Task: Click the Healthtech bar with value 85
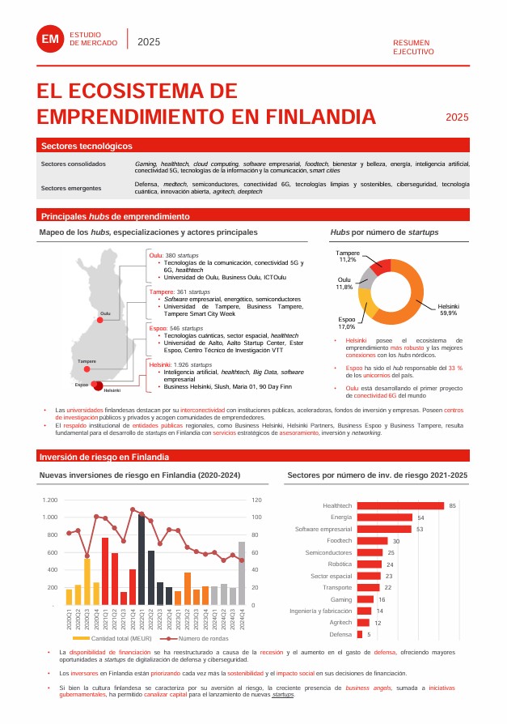pos(400,505)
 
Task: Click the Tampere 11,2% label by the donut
pos(349,256)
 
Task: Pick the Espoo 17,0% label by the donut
pos(346,323)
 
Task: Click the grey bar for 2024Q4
pos(242,573)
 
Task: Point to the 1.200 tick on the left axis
pos(49,500)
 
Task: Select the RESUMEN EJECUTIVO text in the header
pos(413,47)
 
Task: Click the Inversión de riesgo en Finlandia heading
pos(104,456)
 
